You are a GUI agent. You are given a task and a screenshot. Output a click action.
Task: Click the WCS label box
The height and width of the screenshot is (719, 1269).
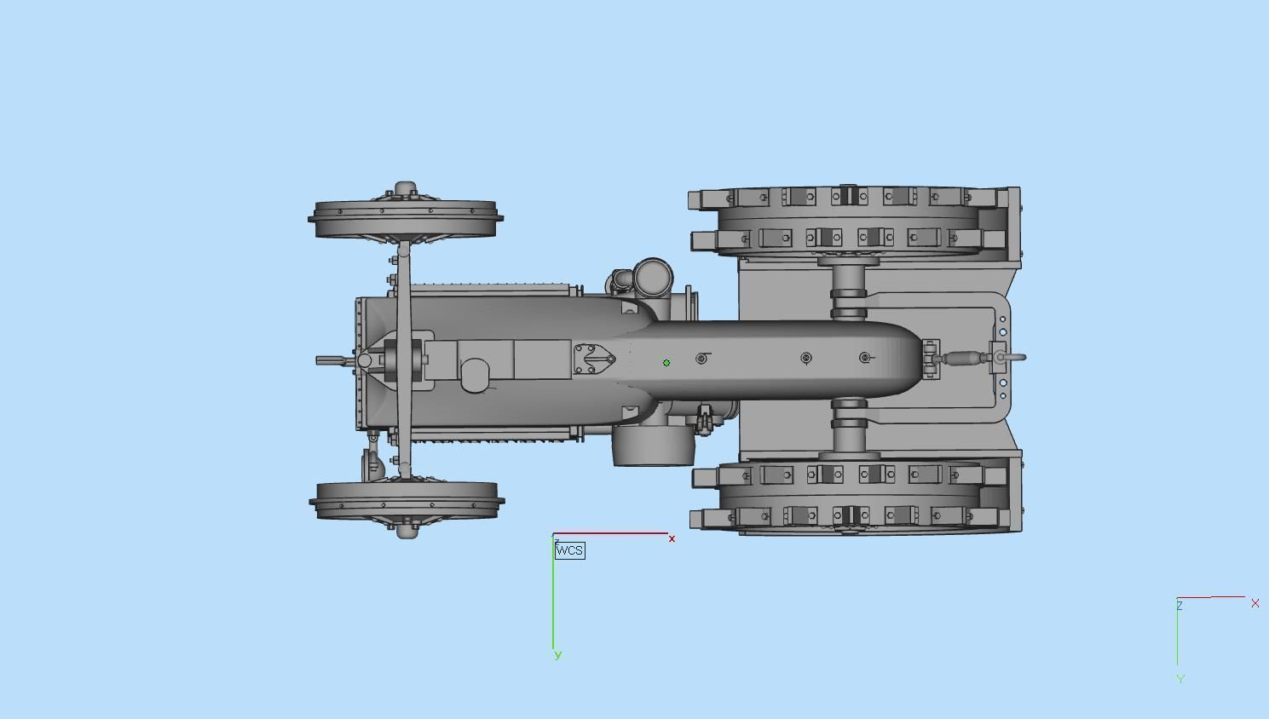[570, 550]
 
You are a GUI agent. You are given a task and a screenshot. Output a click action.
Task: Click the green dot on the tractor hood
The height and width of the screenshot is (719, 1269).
[666, 362]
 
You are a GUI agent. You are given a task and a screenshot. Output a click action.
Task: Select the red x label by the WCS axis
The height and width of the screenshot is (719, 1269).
[672, 538]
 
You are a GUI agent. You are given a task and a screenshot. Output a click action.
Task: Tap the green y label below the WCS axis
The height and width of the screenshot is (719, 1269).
[558, 655]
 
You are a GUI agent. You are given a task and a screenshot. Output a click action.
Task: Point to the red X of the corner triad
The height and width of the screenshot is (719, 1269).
[1255, 603]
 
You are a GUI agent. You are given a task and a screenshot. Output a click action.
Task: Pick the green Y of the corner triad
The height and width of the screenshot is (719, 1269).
[1180, 679]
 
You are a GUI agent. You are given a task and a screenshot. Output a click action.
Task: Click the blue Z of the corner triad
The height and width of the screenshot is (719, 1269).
[1180, 606]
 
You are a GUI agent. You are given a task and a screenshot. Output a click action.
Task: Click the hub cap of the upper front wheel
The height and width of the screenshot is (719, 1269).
[405, 188]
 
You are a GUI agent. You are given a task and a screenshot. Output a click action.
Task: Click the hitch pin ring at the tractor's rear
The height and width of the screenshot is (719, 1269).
[1012, 357]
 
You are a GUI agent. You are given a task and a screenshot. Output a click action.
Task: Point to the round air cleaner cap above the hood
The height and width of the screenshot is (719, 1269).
[653, 277]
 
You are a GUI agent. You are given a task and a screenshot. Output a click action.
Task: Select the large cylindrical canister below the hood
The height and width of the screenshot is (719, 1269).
[653, 446]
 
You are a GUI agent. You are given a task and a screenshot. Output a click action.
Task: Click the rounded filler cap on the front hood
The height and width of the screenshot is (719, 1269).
[475, 375]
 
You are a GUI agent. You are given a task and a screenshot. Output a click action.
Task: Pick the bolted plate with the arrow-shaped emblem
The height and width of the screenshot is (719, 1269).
[594, 359]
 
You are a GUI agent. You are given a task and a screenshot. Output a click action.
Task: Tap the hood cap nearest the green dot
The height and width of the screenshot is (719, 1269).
[702, 359]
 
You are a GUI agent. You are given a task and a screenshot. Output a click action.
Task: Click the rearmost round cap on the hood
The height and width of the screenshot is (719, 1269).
[865, 358]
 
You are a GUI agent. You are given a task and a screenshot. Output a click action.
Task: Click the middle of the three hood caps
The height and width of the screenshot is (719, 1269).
[806, 358]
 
